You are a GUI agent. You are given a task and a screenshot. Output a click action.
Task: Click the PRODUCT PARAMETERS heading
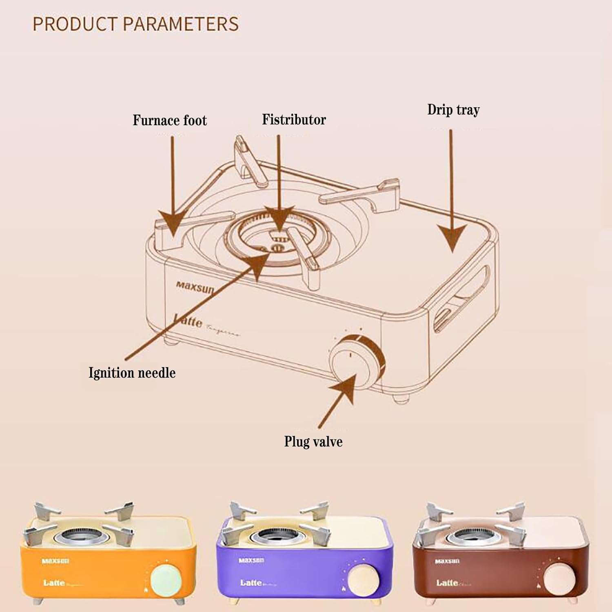pyautogui.click(x=135, y=24)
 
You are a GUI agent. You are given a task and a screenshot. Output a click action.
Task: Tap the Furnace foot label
pyautogui.click(x=170, y=120)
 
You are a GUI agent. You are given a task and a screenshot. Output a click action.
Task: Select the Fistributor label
pyautogui.click(x=294, y=120)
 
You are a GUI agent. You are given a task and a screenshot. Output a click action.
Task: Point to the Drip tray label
pyautogui.click(x=453, y=110)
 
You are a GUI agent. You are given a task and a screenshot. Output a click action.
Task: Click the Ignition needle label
pyautogui.click(x=132, y=373)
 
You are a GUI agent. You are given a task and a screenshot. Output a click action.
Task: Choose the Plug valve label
pyautogui.click(x=313, y=441)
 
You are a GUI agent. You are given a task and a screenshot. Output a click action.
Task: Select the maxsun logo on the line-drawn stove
pyautogui.click(x=195, y=287)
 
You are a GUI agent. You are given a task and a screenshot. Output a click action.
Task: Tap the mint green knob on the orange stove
pyautogui.click(x=166, y=581)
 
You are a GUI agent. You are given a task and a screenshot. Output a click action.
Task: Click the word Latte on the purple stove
pyautogui.click(x=251, y=583)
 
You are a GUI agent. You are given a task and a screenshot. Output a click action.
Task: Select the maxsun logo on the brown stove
pyautogui.click(x=447, y=561)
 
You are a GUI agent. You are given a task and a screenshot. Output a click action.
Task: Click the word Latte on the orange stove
pyautogui.click(x=54, y=583)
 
